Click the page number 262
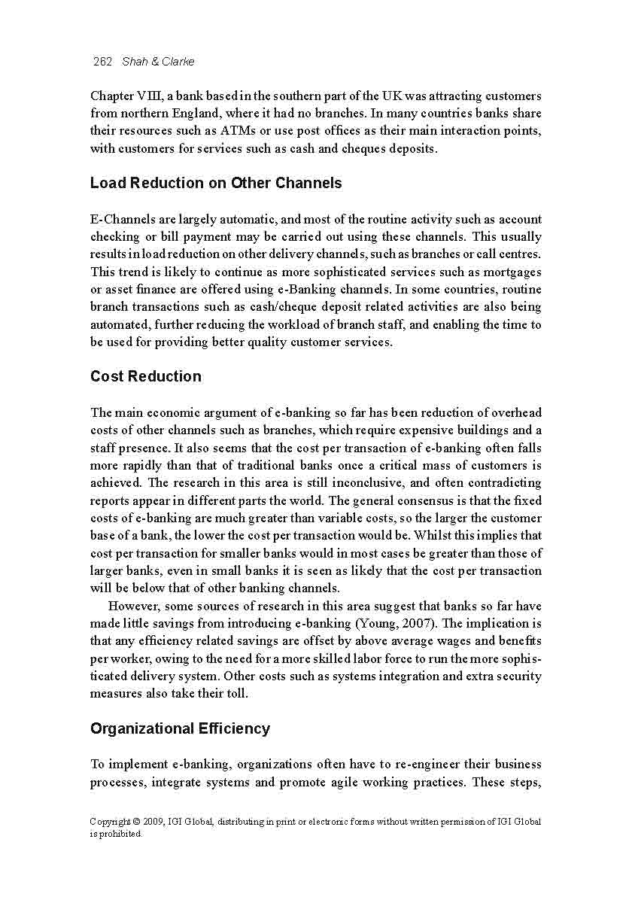tap(102, 62)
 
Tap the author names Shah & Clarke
tap(158, 62)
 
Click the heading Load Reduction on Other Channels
tap(215, 183)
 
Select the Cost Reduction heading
tap(145, 376)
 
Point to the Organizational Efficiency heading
tap(180, 728)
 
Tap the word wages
tap(444, 641)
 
